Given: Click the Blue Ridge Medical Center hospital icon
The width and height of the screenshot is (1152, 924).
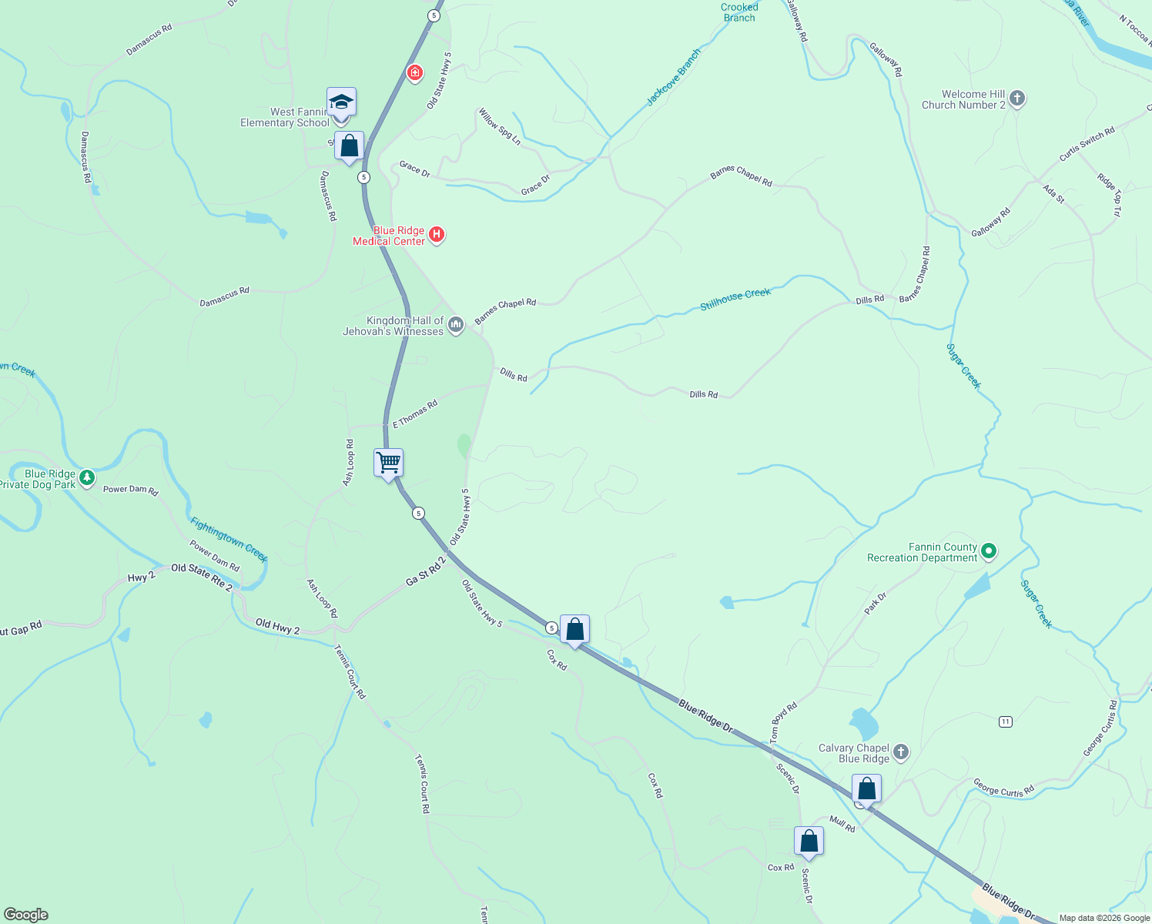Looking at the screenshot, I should tap(437, 234).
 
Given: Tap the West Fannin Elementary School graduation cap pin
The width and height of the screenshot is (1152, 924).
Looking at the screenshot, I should tap(341, 102).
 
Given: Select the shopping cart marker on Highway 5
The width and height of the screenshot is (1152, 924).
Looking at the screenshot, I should tap(389, 464).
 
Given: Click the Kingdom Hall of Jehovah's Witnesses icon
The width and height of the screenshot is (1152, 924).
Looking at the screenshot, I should tap(456, 325).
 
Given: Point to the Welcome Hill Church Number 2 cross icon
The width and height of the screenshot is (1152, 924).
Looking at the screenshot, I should tap(1017, 99).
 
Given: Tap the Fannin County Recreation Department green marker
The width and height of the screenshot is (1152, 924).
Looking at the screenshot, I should tap(990, 551).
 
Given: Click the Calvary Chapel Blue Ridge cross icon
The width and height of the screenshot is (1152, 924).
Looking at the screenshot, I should tap(901, 752).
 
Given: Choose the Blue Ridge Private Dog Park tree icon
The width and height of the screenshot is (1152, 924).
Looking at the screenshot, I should tap(88, 478).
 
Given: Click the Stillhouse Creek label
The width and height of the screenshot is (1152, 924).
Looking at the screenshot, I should tap(735, 300).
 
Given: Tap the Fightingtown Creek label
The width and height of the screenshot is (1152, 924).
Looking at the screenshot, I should tap(229, 539).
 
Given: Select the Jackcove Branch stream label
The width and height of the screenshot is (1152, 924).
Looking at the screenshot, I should tap(674, 77).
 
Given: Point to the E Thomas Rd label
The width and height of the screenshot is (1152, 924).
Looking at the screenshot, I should tap(415, 414).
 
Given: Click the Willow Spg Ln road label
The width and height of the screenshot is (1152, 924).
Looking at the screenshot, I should tap(500, 126).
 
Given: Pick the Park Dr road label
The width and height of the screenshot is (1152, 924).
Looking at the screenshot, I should tap(876, 602).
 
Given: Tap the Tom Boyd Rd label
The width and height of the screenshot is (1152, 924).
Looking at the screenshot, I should tap(784, 722).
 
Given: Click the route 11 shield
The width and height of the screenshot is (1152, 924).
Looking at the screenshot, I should tap(1005, 721).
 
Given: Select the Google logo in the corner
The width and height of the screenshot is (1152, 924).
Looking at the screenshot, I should tap(25, 915).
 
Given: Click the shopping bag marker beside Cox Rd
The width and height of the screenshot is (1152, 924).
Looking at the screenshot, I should tap(574, 630).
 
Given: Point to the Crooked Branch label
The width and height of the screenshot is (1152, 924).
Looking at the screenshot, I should tap(739, 12).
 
